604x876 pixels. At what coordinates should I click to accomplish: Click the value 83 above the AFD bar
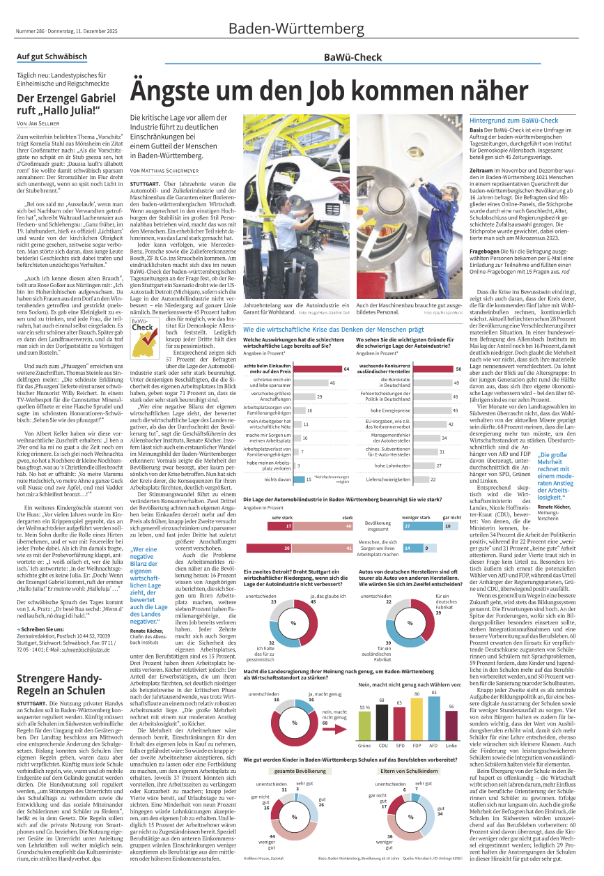[434, 439]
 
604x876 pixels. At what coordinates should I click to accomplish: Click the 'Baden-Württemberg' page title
[296, 29]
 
